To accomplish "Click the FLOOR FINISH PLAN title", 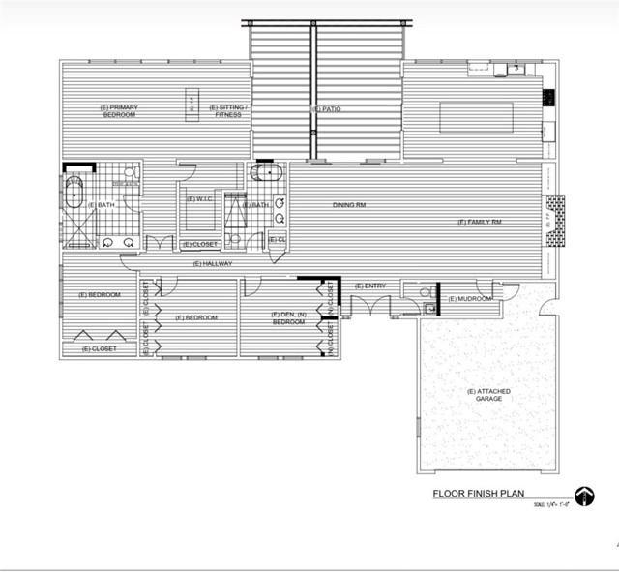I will click(x=477, y=493).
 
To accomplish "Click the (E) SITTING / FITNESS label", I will click(x=229, y=110).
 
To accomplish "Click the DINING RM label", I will click(x=348, y=204).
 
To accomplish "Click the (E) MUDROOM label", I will click(x=471, y=298).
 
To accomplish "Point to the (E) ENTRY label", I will click(x=370, y=286).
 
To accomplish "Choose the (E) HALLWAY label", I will click(x=213, y=263).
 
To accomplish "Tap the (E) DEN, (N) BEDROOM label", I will click(x=289, y=317).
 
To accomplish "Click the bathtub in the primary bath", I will click(x=74, y=194).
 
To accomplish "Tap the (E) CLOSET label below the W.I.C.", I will click(x=200, y=244).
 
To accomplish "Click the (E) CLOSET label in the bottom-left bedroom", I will click(x=100, y=348).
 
